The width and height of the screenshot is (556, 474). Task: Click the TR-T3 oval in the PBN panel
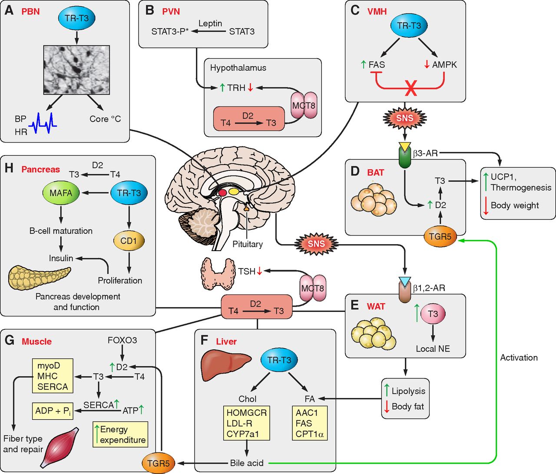coord(76,18)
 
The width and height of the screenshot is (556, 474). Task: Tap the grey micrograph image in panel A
coord(76,70)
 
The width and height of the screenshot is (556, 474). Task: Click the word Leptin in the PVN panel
coord(210,23)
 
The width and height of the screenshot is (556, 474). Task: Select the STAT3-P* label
coord(170,32)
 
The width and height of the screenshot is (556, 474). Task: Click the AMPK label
coord(444,65)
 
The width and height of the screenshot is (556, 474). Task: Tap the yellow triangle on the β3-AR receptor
coord(405,147)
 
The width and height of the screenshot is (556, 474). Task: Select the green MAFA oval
coord(61,193)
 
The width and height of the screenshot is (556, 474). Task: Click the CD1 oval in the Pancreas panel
coord(129,241)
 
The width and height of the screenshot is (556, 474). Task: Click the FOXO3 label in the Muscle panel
coord(122,340)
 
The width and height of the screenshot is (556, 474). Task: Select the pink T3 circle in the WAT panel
coord(433,314)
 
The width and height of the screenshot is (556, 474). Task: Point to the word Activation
coord(519,358)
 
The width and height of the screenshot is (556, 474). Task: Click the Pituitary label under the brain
coord(248,244)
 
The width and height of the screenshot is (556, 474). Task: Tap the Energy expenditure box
coord(120,434)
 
